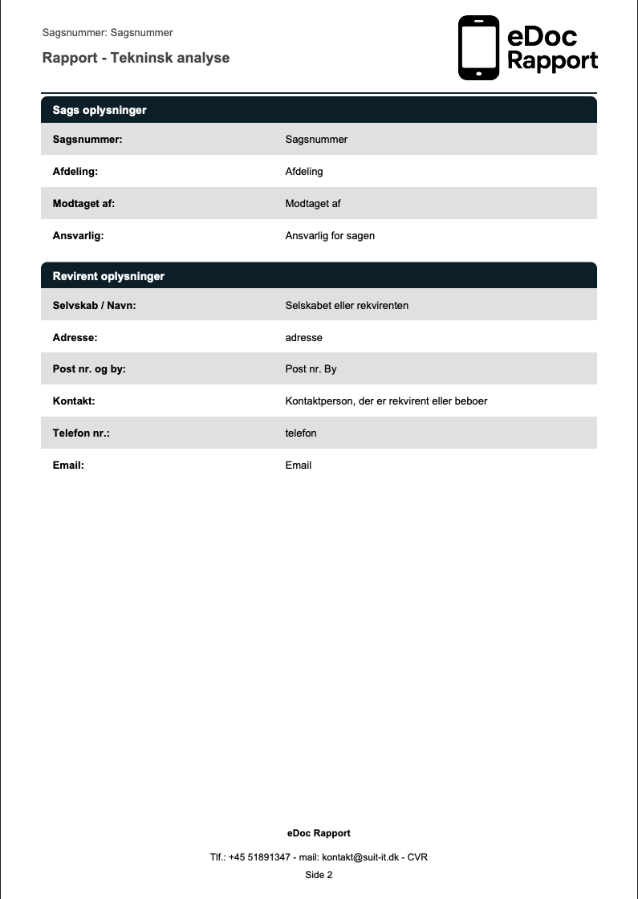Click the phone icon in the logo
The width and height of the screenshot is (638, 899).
[478, 48]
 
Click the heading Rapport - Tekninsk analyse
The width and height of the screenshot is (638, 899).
[136, 58]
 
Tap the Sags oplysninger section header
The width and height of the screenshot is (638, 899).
[100, 110]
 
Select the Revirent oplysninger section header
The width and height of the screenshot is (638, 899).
[108, 276]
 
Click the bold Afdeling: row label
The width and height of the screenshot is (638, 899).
[75, 171]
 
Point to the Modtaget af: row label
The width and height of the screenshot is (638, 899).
[83, 203]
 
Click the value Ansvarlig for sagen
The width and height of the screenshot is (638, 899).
[330, 235]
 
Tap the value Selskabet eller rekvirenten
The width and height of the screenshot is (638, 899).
[347, 305]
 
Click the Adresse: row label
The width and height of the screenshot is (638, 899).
[75, 337]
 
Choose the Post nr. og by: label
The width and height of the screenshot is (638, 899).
[89, 369]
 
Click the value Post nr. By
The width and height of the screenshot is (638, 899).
[311, 369]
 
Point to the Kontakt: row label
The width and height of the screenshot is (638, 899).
[74, 401]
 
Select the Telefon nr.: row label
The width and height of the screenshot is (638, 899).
[80, 433]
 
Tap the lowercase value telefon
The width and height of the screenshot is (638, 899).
[301, 433]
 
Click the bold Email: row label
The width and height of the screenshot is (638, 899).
[68, 465]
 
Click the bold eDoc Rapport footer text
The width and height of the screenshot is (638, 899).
[319, 833]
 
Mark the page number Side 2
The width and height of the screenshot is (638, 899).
[319, 874]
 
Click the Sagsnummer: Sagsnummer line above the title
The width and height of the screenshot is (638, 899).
[108, 33]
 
